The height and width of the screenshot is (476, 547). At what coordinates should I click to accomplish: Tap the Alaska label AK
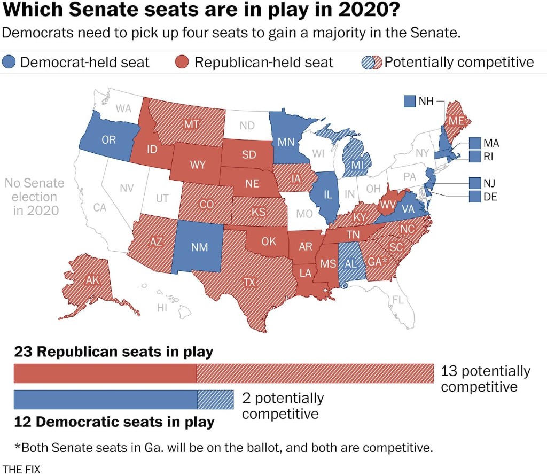(x=93, y=280)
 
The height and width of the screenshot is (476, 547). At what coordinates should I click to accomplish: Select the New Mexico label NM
(x=199, y=247)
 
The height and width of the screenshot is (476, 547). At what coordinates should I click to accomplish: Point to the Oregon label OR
(x=108, y=140)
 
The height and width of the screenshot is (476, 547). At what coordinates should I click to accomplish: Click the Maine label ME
(x=456, y=121)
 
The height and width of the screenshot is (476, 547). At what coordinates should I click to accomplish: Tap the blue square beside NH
(x=410, y=100)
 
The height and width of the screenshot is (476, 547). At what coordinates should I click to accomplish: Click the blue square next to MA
(x=475, y=143)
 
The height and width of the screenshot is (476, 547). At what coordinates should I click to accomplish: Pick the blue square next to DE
(x=475, y=197)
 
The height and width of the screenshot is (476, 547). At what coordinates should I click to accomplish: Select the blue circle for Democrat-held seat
(x=9, y=62)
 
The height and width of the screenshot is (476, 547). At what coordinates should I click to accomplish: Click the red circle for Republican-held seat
(x=183, y=62)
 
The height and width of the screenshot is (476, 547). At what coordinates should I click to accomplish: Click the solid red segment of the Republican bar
(x=105, y=373)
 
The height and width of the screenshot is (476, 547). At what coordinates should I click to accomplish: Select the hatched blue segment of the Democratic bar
(x=216, y=400)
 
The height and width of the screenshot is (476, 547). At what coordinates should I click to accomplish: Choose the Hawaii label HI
(x=162, y=308)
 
